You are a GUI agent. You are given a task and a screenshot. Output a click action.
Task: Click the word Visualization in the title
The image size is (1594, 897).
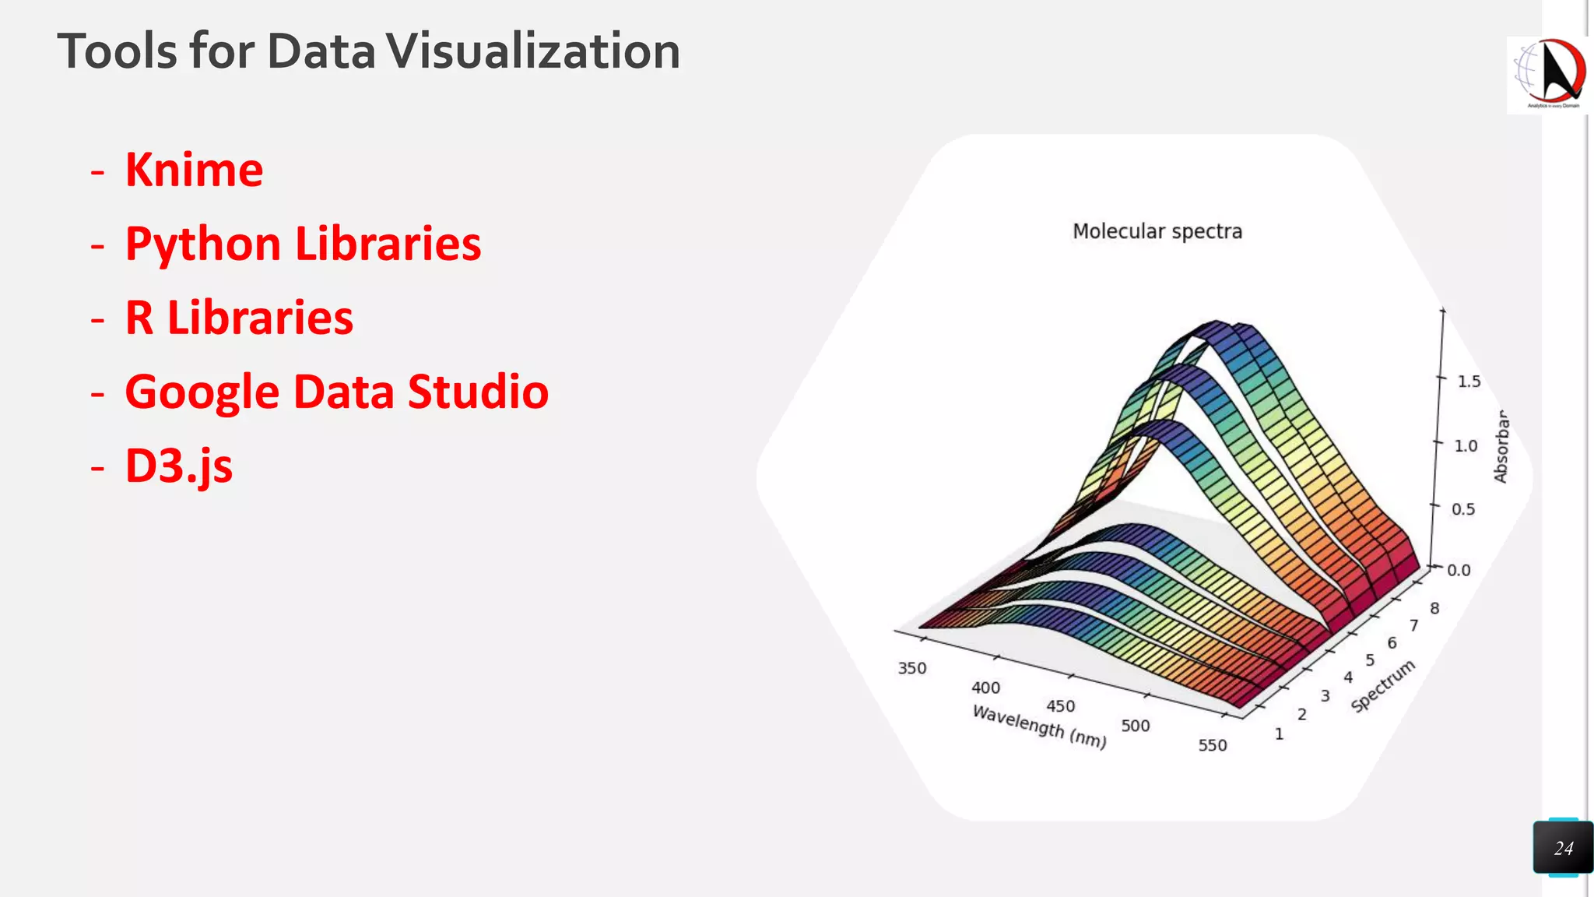[x=533, y=51]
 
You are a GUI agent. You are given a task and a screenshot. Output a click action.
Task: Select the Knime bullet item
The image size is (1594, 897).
[x=195, y=170]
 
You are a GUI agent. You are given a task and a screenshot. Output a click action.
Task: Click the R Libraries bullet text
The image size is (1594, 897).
[x=239, y=318]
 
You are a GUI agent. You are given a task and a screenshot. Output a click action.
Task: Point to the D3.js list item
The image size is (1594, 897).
[x=179, y=466]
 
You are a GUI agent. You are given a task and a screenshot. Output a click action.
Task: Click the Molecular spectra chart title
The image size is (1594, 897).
[x=1157, y=231]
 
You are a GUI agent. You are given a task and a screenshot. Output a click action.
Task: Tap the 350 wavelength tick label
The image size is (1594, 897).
[x=911, y=668]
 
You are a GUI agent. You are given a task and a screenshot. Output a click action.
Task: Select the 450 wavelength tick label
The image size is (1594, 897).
[x=1060, y=706]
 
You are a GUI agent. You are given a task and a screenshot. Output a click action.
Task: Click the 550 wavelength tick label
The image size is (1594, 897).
[x=1212, y=745]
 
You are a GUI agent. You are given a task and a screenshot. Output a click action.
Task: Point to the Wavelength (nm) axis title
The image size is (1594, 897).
[x=1039, y=726]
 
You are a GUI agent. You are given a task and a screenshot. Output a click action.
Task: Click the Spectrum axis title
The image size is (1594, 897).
[x=1382, y=686]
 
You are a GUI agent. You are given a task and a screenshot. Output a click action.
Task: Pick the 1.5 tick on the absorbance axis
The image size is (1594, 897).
[x=1469, y=382]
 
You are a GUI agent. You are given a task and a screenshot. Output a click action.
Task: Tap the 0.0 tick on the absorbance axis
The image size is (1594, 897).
[x=1459, y=570]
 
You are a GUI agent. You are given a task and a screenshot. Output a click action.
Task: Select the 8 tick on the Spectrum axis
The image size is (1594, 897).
[x=1434, y=608]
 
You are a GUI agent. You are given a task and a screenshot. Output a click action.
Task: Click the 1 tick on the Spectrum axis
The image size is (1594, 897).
[x=1279, y=733]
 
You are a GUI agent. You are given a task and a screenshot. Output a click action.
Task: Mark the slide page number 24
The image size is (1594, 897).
[x=1563, y=848]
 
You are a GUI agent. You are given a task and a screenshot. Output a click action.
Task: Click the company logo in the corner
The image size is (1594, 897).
[x=1547, y=75]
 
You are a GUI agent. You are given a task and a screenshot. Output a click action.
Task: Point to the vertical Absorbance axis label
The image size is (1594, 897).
[x=1501, y=447]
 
